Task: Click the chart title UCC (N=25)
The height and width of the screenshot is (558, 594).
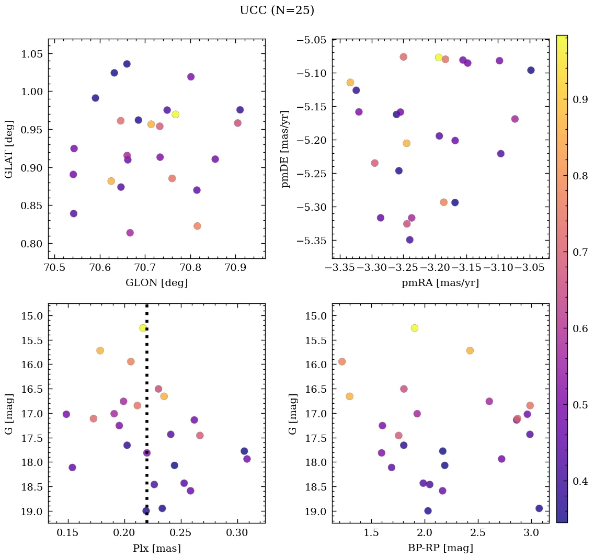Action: (277, 10)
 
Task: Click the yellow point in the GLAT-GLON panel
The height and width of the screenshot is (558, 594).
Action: (176, 115)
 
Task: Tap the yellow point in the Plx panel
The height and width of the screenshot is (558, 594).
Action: (143, 328)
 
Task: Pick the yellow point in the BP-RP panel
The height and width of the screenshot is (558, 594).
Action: (415, 328)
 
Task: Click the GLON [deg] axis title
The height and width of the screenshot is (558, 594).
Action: (156, 283)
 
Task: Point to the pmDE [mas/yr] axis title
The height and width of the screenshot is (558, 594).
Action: (285, 149)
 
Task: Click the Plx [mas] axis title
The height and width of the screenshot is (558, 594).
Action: (156, 548)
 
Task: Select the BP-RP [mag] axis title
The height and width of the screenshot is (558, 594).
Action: (440, 548)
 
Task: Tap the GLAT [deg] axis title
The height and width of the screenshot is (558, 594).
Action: (9, 149)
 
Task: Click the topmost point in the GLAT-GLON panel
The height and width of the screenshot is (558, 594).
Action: (127, 64)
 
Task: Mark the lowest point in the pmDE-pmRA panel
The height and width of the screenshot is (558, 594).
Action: (410, 240)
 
